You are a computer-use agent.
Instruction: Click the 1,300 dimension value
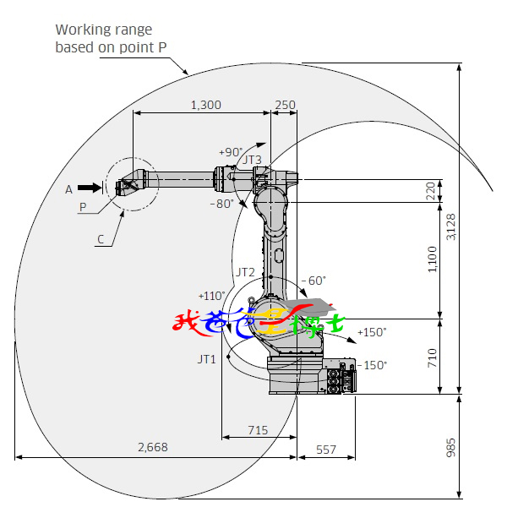click(x=206, y=105)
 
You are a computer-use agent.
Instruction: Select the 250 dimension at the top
click(x=286, y=105)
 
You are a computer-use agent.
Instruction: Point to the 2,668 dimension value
click(x=152, y=447)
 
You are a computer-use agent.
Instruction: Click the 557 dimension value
click(x=325, y=450)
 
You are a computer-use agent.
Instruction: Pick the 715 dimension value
click(x=258, y=430)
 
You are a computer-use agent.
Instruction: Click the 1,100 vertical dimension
click(x=433, y=259)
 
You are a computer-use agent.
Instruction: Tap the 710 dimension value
click(x=432, y=356)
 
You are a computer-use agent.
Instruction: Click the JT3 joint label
click(x=253, y=159)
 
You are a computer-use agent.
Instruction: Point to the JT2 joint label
click(x=245, y=272)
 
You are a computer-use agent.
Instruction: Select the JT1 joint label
click(x=207, y=359)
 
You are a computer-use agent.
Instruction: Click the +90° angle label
click(x=231, y=152)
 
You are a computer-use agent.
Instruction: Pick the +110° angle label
click(x=211, y=296)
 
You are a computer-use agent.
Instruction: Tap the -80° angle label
click(x=222, y=203)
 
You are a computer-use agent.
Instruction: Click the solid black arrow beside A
click(x=87, y=188)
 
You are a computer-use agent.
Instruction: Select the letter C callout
click(x=101, y=239)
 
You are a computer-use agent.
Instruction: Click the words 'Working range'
click(x=104, y=30)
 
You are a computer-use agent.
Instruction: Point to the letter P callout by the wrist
click(x=83, y=206)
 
